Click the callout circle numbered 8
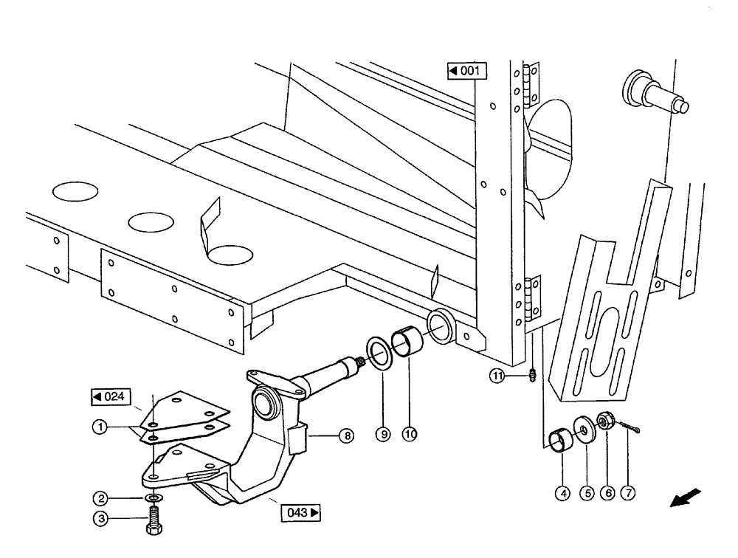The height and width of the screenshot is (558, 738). (345, 435)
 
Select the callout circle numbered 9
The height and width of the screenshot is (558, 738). (382, 435)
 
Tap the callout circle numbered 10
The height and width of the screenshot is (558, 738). (408, 435)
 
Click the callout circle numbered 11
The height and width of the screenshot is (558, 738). (499, 376)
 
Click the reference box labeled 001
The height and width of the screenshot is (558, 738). (466, 71)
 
